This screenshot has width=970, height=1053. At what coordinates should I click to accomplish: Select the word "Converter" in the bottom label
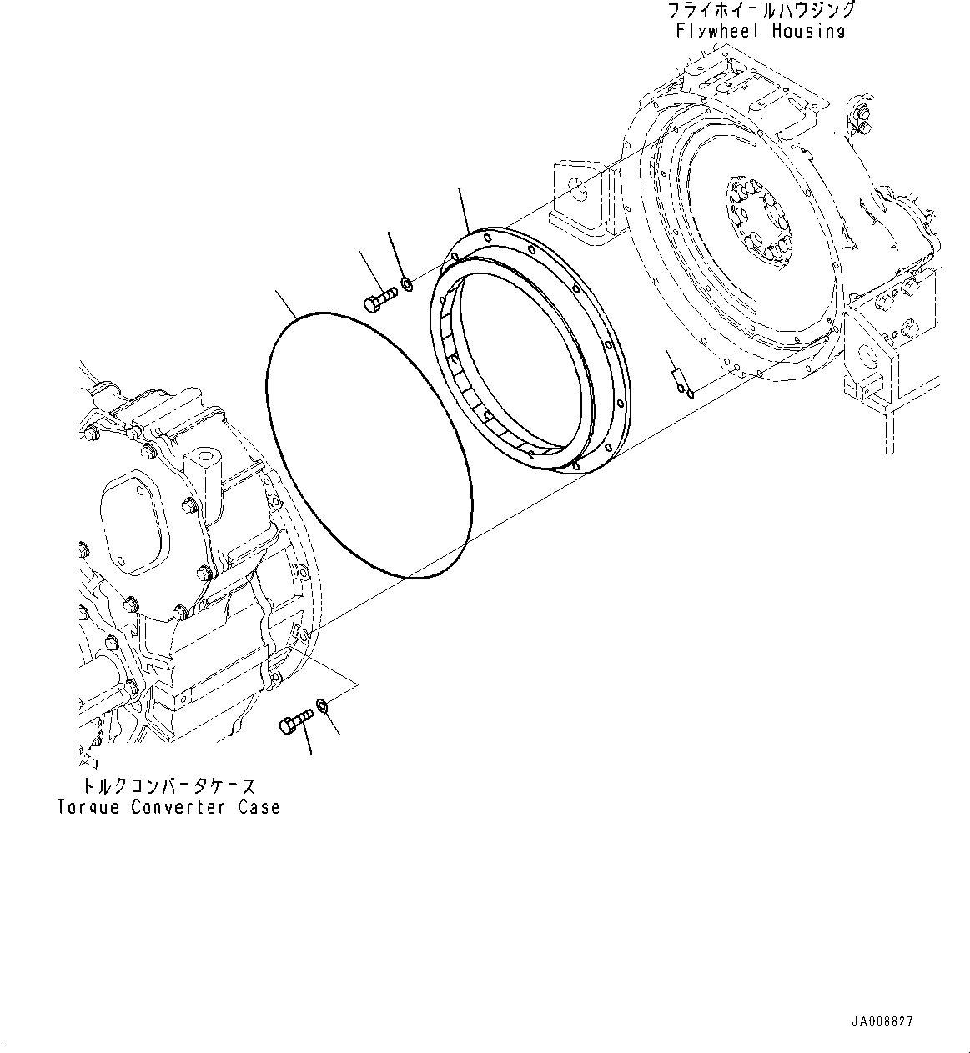(178, 807)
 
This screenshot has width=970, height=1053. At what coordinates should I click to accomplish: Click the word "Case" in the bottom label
(258, 807)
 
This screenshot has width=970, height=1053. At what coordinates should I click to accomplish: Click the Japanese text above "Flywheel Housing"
(760, 11)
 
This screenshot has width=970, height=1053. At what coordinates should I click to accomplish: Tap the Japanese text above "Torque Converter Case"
(167, 786)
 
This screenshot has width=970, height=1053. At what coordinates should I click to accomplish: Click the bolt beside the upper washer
(380, 298)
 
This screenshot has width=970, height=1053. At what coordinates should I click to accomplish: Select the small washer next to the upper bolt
(408, 286)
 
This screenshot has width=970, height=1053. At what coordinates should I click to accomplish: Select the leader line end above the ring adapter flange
(460, 192)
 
